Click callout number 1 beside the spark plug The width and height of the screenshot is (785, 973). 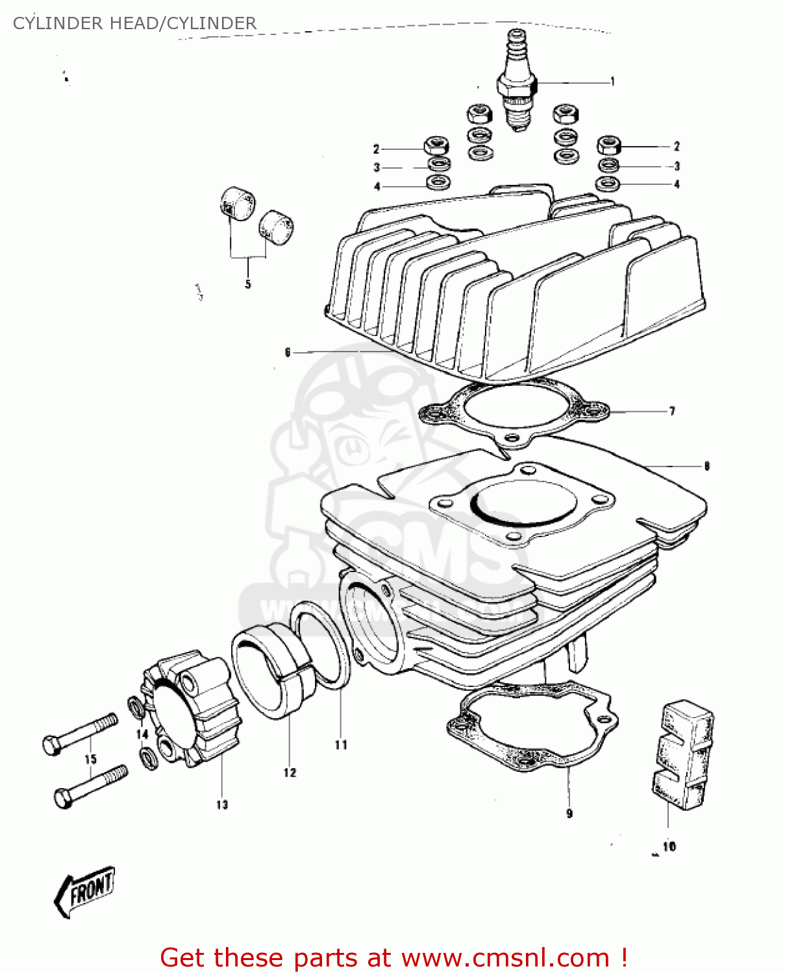pos(612,82)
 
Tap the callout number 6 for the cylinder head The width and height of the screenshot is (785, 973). pos(288,353)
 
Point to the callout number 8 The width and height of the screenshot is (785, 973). pos(707,466)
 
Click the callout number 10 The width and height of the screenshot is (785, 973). pos(669,847)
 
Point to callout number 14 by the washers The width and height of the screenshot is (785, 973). pos(142,734)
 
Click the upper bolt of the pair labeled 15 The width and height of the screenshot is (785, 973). pos(80,733)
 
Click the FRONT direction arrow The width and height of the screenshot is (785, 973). pos(84,891)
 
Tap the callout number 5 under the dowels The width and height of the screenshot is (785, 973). pos(248,284)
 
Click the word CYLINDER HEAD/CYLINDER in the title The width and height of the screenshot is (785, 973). pos(134,23)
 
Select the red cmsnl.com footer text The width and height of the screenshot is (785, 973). pos(393,957)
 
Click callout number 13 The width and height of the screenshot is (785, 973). pos(222,804)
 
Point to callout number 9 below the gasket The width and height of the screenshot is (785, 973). pos(569,813)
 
